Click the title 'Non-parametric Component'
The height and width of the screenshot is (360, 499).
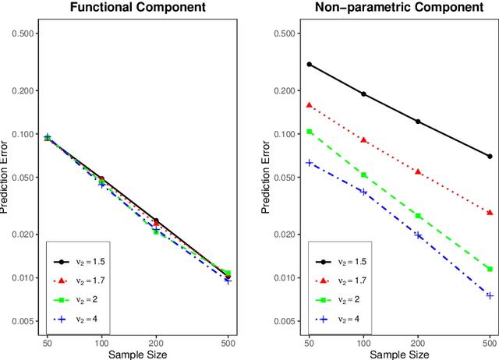point(399,8)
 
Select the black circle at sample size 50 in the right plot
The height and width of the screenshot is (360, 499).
point(310,64)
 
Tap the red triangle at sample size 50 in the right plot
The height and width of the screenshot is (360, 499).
point(310,104)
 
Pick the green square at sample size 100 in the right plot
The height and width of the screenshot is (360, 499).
point(363,175)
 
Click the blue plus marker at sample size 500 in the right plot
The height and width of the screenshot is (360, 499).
point(490,295)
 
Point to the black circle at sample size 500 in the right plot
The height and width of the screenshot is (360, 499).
point(490,156)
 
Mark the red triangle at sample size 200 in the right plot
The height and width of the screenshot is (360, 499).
point(418,171)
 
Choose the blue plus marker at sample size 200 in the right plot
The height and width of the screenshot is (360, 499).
point(418,235)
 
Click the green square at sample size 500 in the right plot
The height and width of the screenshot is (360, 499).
point(490,269)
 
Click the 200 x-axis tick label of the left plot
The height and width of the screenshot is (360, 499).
point(156,342)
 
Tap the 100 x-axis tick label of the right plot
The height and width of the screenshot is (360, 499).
point(363,342)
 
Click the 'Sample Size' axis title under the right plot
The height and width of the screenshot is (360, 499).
point(399,354)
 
